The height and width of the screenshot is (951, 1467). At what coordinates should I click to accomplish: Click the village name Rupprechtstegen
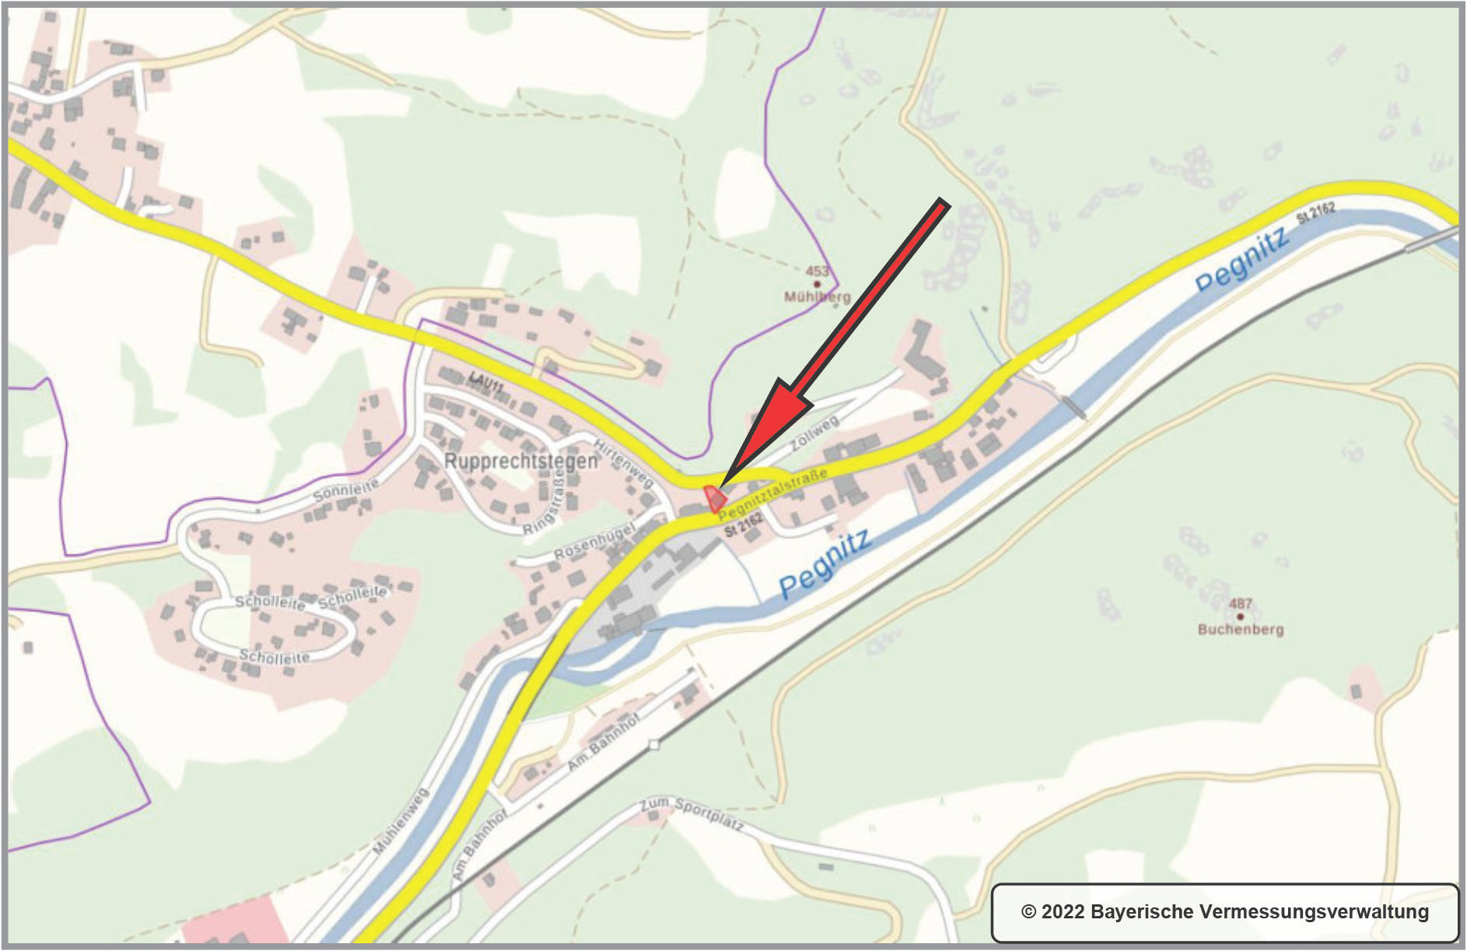[520, 461]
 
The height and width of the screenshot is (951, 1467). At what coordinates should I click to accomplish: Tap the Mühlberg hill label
[817, 297]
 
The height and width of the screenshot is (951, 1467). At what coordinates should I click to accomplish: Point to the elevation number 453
[817, 271]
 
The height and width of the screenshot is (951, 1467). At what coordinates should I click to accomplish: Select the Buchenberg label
[1240, 629]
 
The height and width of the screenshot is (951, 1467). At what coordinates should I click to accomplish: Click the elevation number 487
[1240, 603]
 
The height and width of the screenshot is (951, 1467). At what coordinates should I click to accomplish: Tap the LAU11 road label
[486, 382]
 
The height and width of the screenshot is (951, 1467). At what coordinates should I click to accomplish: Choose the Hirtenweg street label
[624, 462]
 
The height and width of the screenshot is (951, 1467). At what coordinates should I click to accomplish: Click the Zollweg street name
[814, 434]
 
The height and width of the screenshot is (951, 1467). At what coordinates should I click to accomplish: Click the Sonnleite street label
[345, 491]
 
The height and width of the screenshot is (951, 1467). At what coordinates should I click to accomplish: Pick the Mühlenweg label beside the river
[401, 821]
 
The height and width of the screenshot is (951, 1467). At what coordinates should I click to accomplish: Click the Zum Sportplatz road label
[691, 813]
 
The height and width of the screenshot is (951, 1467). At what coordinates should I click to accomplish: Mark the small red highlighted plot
[714, 498]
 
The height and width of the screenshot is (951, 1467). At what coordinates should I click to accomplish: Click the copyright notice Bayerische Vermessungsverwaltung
[1224, 911]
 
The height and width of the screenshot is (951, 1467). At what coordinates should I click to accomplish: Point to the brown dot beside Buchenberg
[1240, 617]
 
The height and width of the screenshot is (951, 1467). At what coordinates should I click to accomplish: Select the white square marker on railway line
[653, 745]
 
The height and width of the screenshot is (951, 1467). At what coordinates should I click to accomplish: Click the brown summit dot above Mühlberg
[817, 285]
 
